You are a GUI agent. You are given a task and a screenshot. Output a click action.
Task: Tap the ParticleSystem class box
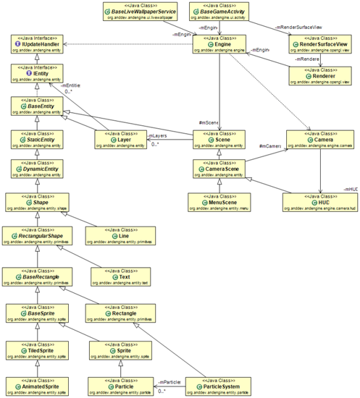(x=222, y=386)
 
